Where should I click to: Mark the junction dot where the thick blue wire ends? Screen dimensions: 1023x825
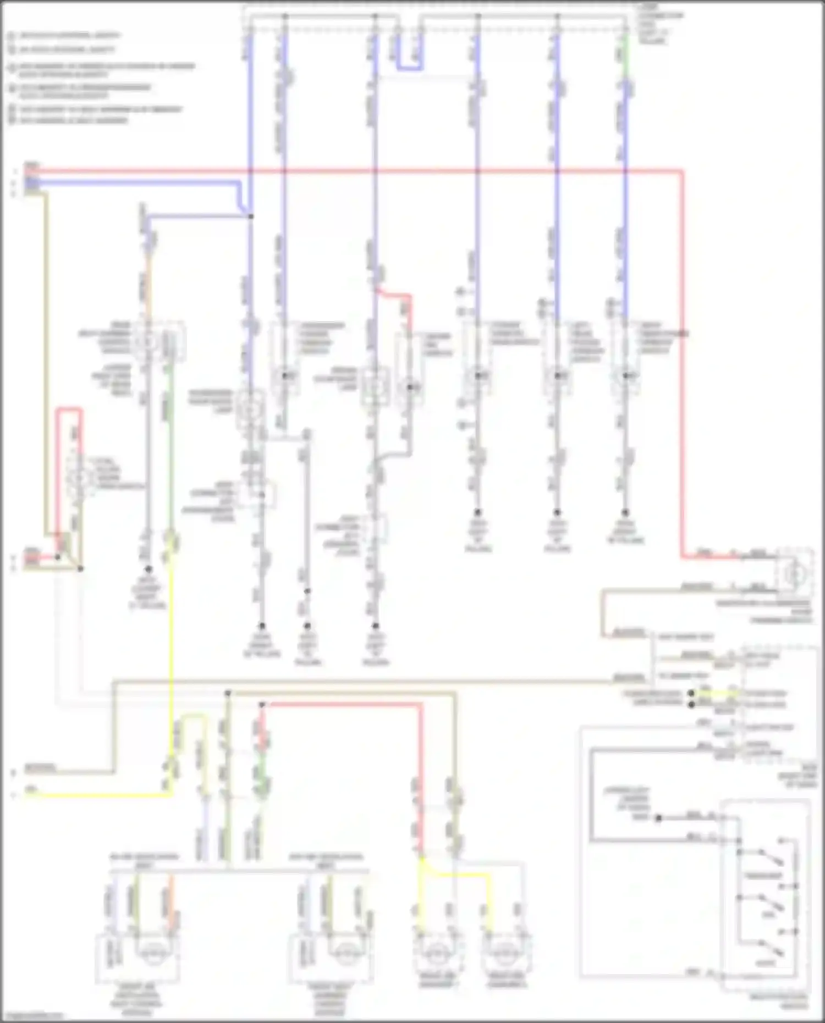click(250, 217)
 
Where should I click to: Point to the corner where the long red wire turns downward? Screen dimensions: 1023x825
click(683, 172)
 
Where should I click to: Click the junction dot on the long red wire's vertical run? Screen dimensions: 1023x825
click(683, 333)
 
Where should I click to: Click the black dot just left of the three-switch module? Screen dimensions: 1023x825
click(658, 817)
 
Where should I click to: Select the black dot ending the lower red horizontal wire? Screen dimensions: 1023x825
click(262, 704)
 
